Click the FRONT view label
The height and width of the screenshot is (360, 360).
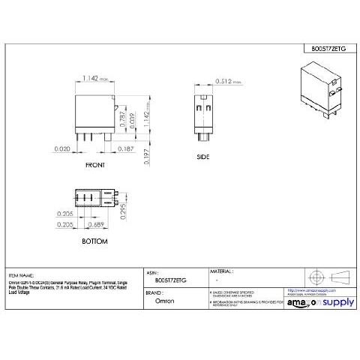95,164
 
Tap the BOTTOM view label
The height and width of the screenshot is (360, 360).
95,241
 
